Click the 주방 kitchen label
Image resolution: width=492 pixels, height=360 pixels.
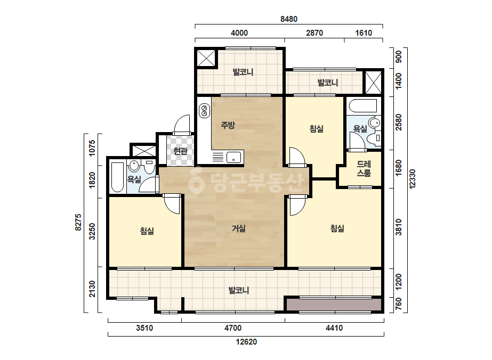(x=228, y=126)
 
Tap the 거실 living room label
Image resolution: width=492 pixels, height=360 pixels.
(x=239, y=228)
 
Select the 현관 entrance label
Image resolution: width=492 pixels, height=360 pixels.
(x=180, y=151)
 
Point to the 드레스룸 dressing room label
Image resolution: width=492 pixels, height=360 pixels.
(x=364, y=168)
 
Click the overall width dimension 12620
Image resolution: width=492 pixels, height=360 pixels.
(x=246, y=342)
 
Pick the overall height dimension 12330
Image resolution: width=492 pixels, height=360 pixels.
(x=412, y=179)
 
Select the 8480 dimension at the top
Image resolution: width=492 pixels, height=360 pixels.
(x=289, y=19)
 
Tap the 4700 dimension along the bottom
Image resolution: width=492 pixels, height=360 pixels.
(x=233, y=328)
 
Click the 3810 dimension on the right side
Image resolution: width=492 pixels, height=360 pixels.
(x=399, y=227)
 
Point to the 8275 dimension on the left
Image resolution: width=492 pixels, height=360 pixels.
(x=78, y=222)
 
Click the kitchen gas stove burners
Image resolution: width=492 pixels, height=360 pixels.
(x=204, y=111)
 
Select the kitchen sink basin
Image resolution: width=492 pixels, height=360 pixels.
(x=233, y=157)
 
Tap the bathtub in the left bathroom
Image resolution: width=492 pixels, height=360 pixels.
(x=118, y=177)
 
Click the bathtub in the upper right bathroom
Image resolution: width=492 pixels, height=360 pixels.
(x=362, y=106)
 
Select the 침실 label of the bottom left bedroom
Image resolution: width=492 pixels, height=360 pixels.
(x=147, y=232)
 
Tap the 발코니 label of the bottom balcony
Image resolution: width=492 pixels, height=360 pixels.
(x=239, y=290)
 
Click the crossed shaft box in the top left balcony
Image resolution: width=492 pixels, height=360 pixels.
(x=206, y=58)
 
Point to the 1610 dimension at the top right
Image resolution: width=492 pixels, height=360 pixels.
(x=364, y=33)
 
